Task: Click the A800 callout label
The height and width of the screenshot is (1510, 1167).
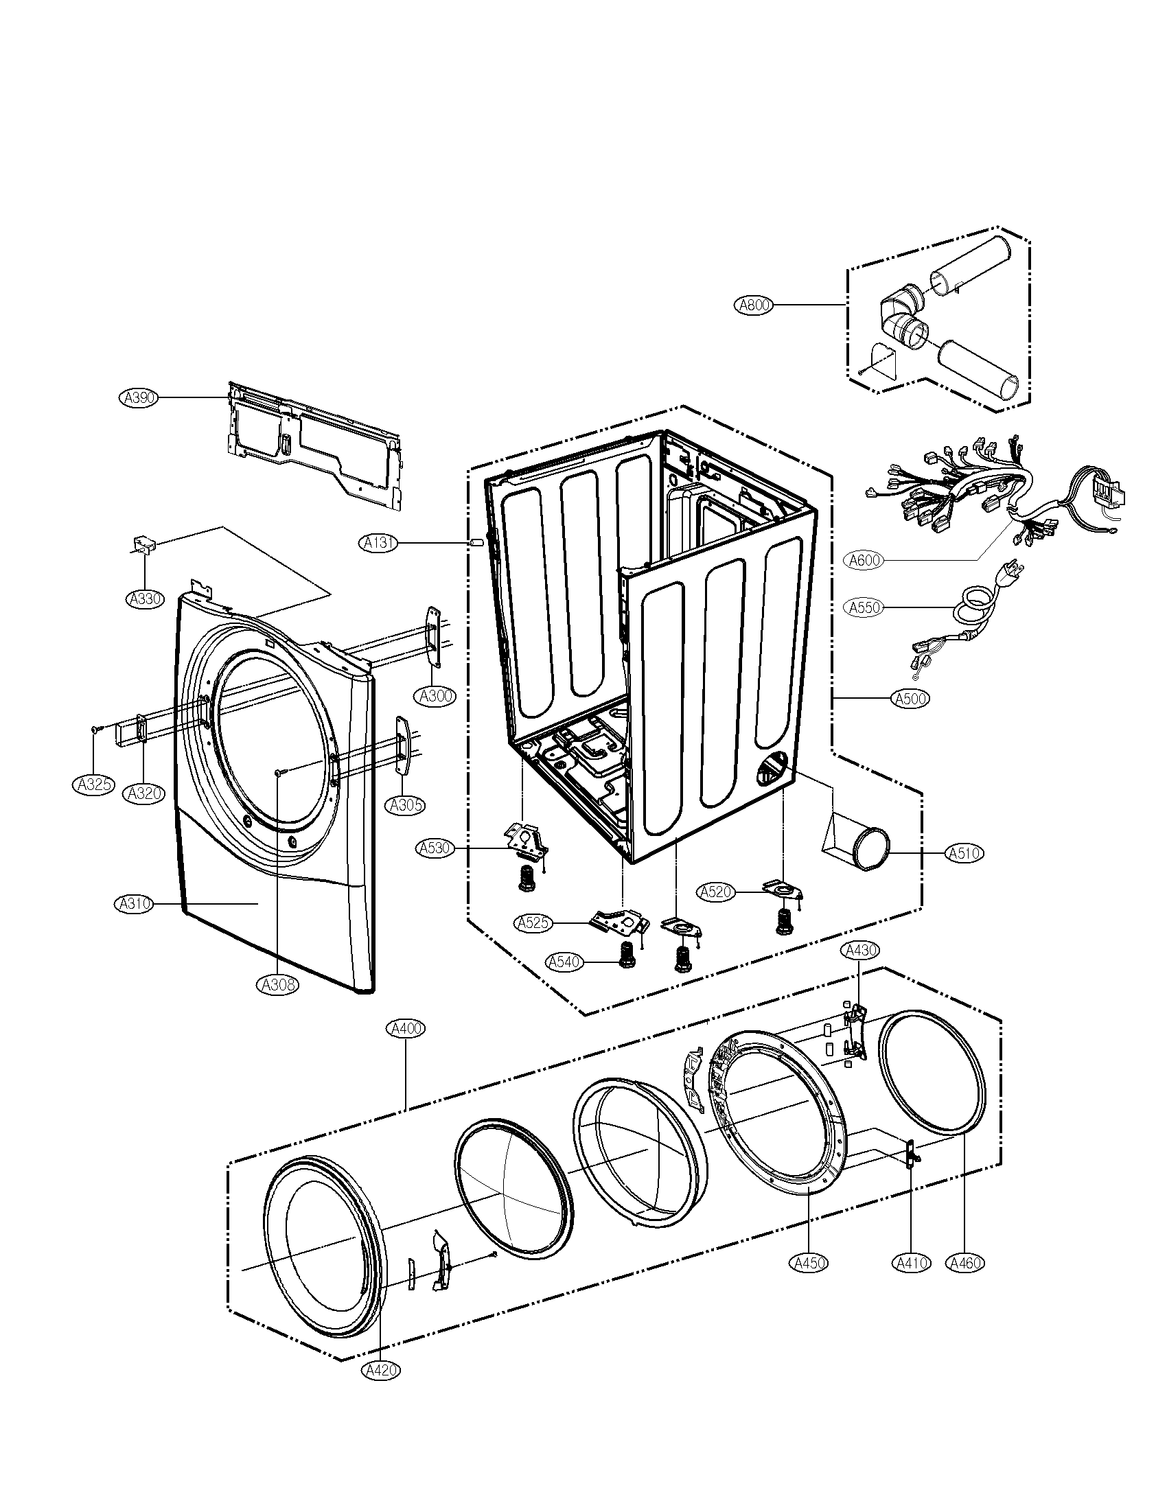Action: click(x=754, y=305)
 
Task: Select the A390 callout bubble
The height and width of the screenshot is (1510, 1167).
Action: click(x=138, y=397)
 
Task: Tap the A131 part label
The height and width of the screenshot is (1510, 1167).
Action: click(x=379, y=544)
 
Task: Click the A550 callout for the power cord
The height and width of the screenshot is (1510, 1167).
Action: click(x=864, y=607)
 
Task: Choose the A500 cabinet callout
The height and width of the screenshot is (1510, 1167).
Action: click(x=910, y=699)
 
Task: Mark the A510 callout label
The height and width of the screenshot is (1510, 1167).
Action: click(x=964, y=854)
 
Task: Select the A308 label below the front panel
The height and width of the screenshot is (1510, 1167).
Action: click(x=279, y=984)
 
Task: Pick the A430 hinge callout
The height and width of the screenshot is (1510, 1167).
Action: click(x=860, y=951)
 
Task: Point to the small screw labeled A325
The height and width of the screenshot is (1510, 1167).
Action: click(x=95, y=729)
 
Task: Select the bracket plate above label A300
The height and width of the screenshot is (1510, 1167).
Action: click(x=433, y=637)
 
